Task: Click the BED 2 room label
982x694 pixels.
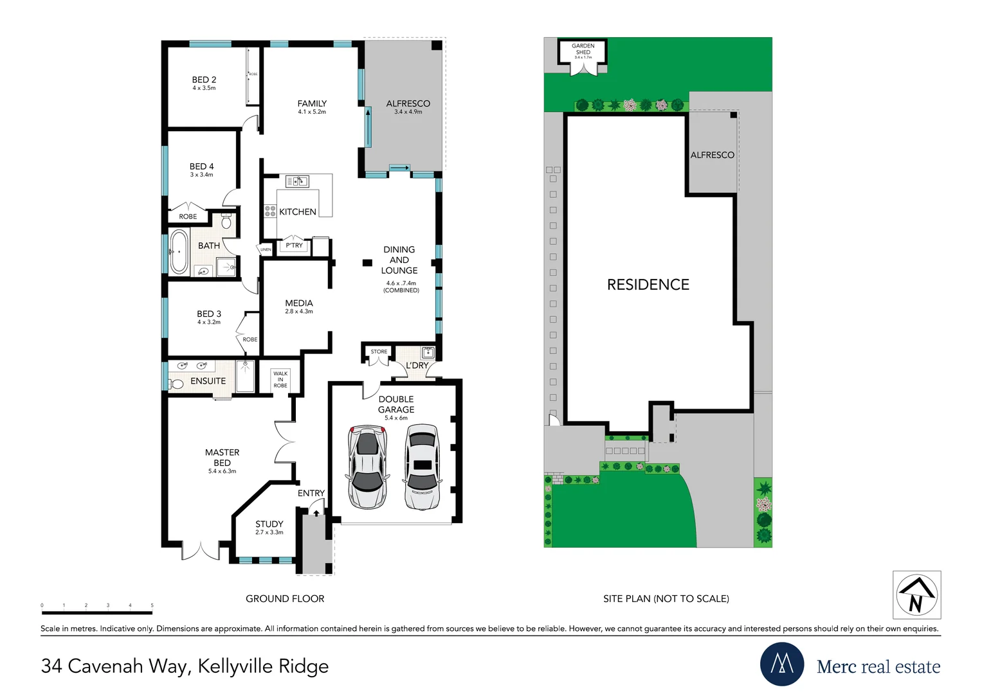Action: [204, 80]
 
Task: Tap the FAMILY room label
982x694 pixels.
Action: [312, 103]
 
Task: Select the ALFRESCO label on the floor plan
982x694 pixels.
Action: [408, 103]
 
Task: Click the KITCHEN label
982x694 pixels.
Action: [298, 212]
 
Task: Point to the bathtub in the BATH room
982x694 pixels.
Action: [178, 253]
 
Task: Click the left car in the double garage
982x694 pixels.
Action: [367, 467]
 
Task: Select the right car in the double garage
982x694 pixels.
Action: [422, 467]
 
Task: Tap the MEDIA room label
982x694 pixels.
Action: [299, 303]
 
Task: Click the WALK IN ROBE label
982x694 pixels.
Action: [280, 379]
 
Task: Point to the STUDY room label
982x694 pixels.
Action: [269, 524]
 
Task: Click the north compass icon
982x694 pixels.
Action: [916, 595]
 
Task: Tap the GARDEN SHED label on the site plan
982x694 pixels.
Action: [583, 49]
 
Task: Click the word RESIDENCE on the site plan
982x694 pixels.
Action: [648, 285]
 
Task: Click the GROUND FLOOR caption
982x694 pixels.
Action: [285, 599]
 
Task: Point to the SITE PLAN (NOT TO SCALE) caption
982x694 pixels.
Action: [666, 599]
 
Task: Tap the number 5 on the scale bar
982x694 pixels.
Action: [152, 605]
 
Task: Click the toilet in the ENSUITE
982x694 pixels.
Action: [177, 384]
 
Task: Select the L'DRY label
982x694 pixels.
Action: [417, 366]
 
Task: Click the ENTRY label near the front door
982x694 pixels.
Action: [311, 494]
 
